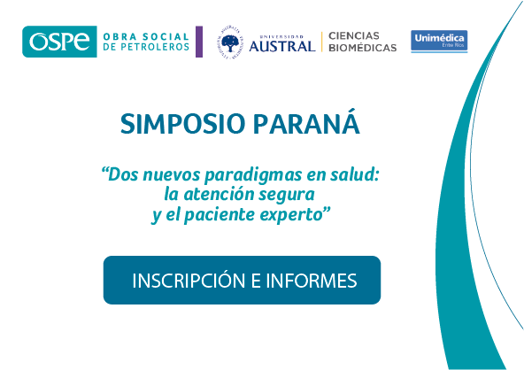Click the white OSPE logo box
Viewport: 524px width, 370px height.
pyautogui.click(x=59, y=42)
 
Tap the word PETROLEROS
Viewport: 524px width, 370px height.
pyautogui.click(x=155, y=47)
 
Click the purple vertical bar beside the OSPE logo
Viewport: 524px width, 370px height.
pyautogui.click(x=199, y=42)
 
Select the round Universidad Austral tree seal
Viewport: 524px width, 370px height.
pyautogui.click(x=231, y=42)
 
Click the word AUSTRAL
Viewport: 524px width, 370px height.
pyautogui.click(x=282, y=46)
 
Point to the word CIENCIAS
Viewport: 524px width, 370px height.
pyautogui.click(x=354, y=35)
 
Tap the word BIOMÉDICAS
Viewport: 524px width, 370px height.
pyautogui.click(x=363, y=48)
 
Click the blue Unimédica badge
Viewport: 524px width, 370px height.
pyautogui.click(x=439, y=41)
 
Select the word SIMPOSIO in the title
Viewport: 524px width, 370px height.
pyautogui.click(x=183, y=124)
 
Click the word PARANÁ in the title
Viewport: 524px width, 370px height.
pyautogui.click(x=306, y=121)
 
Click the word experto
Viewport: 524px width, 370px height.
pyautogui.click(x=291, y=215)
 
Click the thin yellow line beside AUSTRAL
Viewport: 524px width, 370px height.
pyautogui.click(x=322, y=42)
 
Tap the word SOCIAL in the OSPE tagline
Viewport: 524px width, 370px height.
pyautogui.click(x=166, y=36)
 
